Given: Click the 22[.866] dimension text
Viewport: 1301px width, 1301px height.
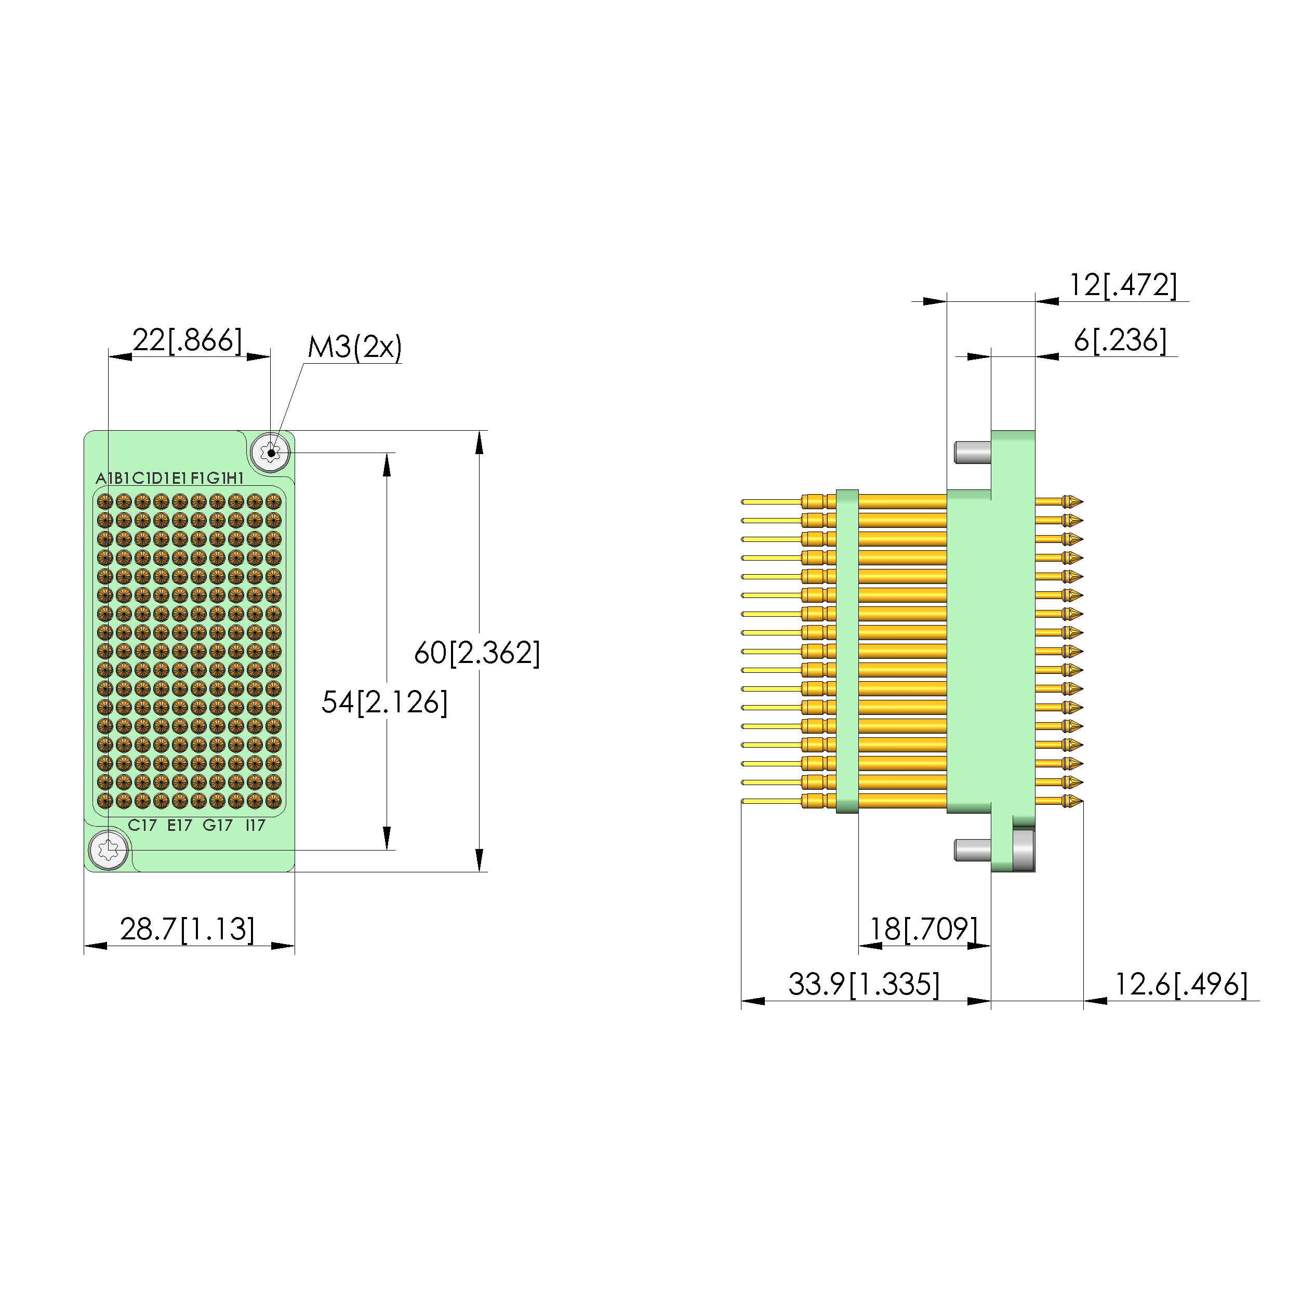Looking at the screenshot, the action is pos(187,341).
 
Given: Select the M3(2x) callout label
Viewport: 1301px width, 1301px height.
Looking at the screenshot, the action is pos(355,348).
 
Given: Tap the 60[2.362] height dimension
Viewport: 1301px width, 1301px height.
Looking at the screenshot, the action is pos(477,653).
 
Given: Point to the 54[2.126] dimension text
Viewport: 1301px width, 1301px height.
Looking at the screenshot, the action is pos(384,702).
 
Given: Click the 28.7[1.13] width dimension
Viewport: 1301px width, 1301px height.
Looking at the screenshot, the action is pos(187,930).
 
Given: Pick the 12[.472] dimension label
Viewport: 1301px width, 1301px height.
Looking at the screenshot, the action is pos(1123,285).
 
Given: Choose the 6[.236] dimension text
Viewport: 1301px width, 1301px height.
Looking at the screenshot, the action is pos(1120,340).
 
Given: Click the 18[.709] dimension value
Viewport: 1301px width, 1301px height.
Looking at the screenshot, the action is pos(924,930).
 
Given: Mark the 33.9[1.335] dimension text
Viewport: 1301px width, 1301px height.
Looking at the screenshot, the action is pos(864,985).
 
